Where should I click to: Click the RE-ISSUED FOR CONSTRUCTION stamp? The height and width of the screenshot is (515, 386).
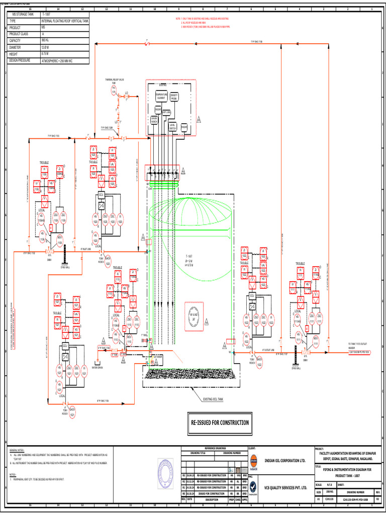[219, 422]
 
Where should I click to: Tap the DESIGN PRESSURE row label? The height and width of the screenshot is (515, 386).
[23, 60]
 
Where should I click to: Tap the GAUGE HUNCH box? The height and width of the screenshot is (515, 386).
[154, 120]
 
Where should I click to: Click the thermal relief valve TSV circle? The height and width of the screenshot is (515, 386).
[114, 90]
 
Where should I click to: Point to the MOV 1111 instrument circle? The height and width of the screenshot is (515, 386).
[316, 340]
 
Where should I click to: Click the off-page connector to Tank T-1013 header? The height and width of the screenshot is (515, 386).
[358, 352]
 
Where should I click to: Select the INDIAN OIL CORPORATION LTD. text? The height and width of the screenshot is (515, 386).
[285, 460]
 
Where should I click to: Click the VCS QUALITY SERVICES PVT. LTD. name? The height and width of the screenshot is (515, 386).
[285, 487]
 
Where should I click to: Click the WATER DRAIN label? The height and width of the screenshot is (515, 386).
[98, 367]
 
